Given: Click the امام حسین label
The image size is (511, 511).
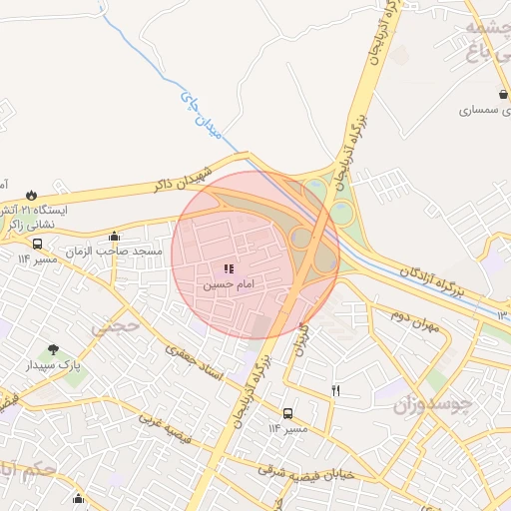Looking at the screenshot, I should click(231, 285).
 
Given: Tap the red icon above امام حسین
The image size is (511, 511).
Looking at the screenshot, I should click(230, 268).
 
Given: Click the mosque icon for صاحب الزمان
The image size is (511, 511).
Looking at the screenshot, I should click(114, 237).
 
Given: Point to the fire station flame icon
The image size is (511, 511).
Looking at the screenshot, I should click(32, 195).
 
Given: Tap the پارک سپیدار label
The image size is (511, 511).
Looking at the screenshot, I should click(53, 366).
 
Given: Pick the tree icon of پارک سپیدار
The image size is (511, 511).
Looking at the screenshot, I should click(53, 349).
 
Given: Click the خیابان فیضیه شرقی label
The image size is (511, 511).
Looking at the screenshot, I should click(305, 472).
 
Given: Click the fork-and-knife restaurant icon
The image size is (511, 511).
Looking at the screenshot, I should click(335, 390).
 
